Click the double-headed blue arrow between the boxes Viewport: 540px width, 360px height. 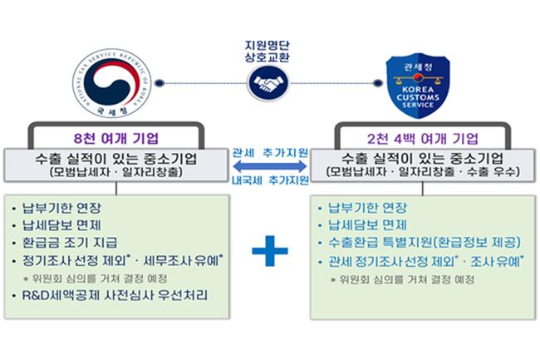pos(269,166)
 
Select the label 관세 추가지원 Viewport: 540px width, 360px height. pos(269,153)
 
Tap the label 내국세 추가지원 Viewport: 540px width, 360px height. pos(269,180)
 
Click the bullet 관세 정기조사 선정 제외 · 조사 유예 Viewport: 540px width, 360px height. pos(425,262)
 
